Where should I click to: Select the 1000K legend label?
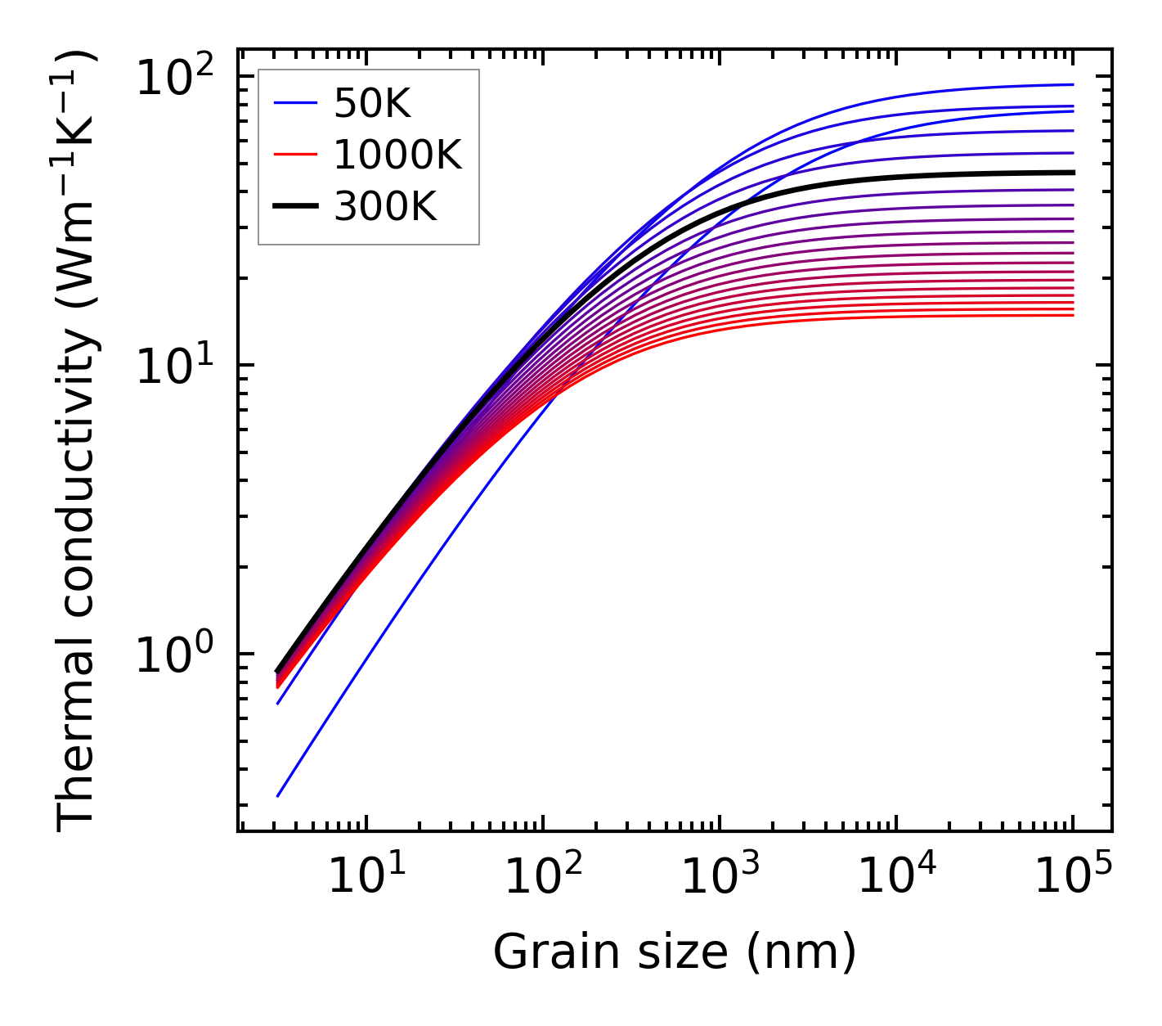point(397,155)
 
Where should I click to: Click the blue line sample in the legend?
point(294,103)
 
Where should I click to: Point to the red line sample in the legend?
point(294,155)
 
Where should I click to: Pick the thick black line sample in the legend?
point(294,206)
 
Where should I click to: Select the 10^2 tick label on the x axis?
point(543,878)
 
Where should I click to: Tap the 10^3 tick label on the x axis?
point(720,878)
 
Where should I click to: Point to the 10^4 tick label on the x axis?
point(896,878)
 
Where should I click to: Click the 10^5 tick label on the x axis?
point(1073,878)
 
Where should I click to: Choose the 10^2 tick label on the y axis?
point(174,79)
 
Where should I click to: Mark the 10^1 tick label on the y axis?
point(174,367)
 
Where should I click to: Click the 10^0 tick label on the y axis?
point(174,656)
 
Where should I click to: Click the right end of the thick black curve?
point(1072,173)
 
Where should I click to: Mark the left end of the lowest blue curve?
point(278,795)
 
